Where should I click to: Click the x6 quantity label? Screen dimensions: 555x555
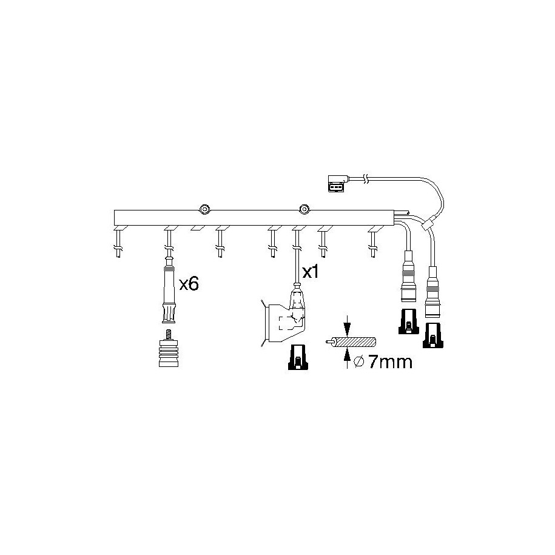pos(189,284)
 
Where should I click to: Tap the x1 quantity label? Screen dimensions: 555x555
pos(310,272)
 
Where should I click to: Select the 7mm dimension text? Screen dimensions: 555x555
pos(390,362)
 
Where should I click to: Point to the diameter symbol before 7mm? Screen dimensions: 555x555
pos(359,362)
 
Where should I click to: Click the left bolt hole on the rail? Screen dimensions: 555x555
pos(204,209)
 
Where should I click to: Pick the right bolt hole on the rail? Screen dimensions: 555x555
pos(304,209)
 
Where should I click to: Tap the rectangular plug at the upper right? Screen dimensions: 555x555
pos(337,183)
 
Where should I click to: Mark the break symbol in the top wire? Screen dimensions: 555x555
pos(367,179)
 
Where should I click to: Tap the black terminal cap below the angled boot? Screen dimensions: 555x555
pos(298,357)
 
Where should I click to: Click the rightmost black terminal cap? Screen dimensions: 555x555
pos(432,335)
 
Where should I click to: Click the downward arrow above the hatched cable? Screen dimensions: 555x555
pos(347,325)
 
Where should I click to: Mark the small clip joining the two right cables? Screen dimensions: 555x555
pos(428,223)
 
